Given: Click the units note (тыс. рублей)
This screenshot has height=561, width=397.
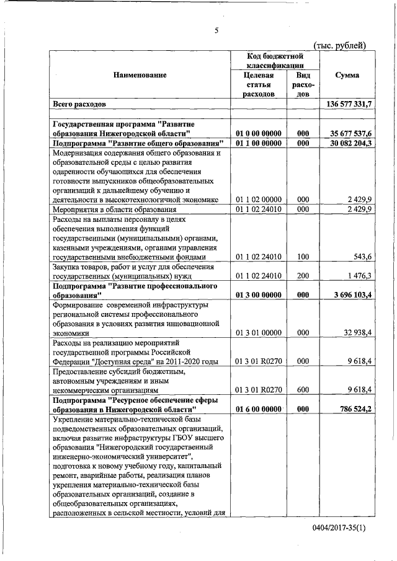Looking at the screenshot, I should click(341, 44).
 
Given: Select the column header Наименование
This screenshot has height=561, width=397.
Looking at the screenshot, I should click(140, 75).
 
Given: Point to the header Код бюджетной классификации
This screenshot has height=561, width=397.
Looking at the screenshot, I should click(274, 60).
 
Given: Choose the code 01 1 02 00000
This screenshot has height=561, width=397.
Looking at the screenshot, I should click(259, 199).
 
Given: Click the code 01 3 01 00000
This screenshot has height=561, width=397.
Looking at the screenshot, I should click(259, 332).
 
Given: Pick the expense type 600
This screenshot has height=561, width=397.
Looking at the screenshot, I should click(303, 390).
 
